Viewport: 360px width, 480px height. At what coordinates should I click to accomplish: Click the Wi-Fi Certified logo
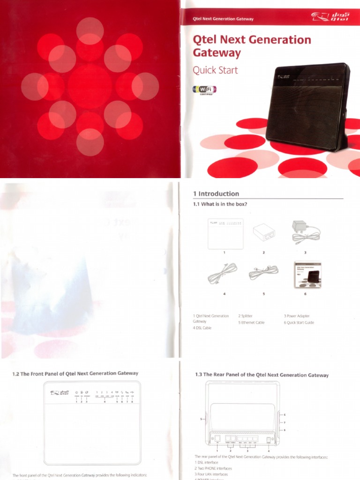(x=204, y=90)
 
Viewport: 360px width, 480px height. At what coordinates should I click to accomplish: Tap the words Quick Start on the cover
(x=215, y=70)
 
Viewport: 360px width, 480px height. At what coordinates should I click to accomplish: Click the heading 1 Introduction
(x=216, y=194)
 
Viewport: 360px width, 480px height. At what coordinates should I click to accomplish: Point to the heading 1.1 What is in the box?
(x=220, y=204)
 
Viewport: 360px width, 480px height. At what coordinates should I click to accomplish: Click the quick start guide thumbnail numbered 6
(x=307, y=274)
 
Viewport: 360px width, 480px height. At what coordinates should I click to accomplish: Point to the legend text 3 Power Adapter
(x=297, y=316)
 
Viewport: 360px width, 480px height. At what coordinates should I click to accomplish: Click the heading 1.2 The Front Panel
(x=75, y=373)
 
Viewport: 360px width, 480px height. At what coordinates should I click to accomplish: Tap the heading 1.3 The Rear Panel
(x=262, y=375)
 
